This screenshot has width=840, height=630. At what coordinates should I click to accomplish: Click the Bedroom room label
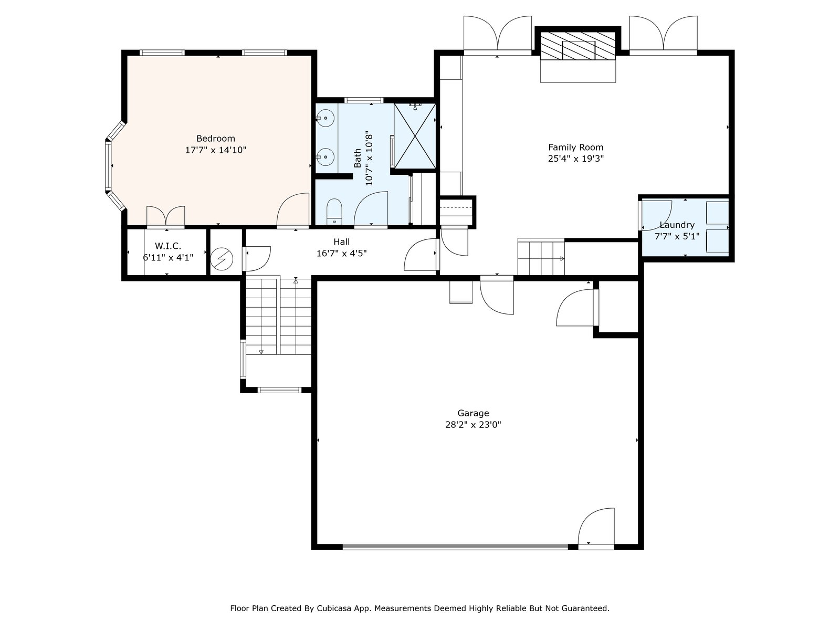pyautogui.click(x=215, y=139)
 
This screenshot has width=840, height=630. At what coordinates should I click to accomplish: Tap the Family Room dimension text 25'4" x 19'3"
pyautogui.click(x=575, y=159)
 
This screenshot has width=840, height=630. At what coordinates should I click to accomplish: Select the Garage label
pyautogui.click(x=473, y=414)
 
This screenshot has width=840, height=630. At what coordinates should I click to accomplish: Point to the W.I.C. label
pyautogui.click(x=168, y=246)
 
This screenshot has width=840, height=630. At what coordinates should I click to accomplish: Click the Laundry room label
pyautogui.click(x=677, y=225)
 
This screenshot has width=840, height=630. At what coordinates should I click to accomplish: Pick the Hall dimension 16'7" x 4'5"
pyautogui.click(x=341, y=253)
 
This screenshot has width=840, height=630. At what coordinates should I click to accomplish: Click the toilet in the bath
pyautogui.click(x=334, y=211)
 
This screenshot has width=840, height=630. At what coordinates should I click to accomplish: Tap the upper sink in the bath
pyautogui.click(x=325, y=118)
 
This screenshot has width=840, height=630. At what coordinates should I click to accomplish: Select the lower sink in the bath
pyautogui.click(x=325, y=157)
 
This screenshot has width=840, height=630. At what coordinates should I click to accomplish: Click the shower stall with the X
pyautogui.click(x=415, y=136)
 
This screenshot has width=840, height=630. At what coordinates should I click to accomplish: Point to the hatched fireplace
pyautogui.click(x=578, y=46)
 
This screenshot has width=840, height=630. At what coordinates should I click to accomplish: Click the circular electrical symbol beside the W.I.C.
pyautogui.click(x=222, y=259)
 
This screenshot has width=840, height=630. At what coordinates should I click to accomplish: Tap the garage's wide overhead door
pyautogui.click(x=455, y=547)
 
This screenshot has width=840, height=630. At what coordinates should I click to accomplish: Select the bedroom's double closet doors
pyautogui.click(x=166, y=216)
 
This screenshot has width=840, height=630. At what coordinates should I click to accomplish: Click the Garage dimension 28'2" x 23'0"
pyautogui.click(x=473, y=425)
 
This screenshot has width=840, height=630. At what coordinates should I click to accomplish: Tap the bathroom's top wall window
pyautogui.click(x=363, y=100)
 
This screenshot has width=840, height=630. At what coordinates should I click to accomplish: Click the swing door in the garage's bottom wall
pyautogui.click(x=596, y=529)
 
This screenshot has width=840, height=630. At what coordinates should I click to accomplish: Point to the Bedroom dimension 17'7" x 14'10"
pyautogui.click(x=215, y=150)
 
